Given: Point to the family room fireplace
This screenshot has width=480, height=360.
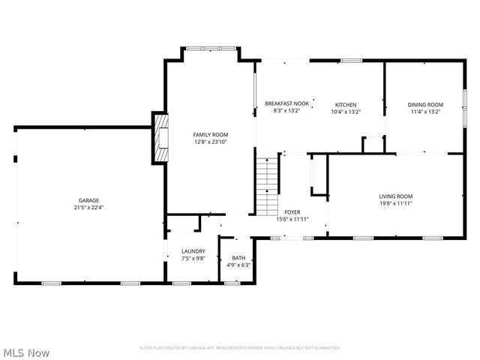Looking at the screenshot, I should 160,138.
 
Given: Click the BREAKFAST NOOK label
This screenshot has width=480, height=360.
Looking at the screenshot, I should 286,104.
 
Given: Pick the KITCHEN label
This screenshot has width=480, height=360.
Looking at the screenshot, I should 346,104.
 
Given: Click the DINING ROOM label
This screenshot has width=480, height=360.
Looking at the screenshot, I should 425,104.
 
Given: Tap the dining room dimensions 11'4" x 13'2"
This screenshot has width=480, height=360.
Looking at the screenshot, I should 425,112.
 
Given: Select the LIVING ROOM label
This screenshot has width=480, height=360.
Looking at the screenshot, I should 395,196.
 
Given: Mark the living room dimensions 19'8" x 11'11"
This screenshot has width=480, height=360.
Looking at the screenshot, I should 395,203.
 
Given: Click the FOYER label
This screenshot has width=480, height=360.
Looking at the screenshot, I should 292,212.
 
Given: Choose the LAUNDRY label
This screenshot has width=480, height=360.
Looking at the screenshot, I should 193,251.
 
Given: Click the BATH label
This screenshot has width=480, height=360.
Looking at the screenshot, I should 238,257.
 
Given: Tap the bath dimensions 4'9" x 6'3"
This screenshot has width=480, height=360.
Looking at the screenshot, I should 238,265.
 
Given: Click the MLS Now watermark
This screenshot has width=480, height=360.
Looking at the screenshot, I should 26,352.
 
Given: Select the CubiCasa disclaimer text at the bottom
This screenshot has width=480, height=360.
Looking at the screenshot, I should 240,348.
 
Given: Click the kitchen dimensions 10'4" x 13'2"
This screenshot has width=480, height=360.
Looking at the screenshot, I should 346,112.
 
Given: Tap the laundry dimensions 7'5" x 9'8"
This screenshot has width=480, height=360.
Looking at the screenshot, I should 193,259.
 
